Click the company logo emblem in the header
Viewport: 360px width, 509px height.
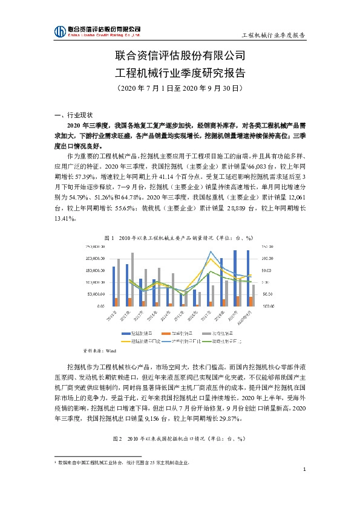coord(59,31)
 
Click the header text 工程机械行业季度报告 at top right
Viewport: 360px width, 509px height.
coord(273,35)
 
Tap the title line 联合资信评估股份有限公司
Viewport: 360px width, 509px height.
coord(180,57)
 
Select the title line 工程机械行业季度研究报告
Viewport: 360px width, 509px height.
coord(180,73)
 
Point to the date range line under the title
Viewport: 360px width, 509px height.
coord(180,88)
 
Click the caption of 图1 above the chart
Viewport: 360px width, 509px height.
coord(180,238)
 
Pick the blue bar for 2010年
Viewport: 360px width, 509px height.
coord(113,286)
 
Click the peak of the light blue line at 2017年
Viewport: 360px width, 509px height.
coord(210,252)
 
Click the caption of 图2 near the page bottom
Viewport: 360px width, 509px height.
coord(180,438)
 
